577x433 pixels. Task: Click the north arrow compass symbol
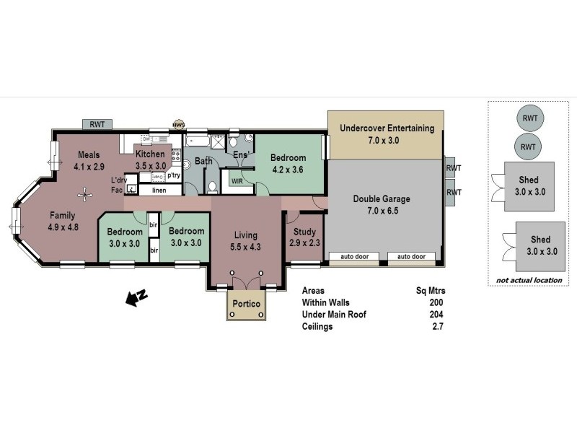pos(135,297)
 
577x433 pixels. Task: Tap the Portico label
pos(245,305)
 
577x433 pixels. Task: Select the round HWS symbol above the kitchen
pos(178,125)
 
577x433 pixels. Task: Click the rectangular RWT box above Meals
pos(97,124)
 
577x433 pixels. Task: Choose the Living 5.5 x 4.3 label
pos(245,240)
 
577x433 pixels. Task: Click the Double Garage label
pos(382,205)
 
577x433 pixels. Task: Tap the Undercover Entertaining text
pos(387,134)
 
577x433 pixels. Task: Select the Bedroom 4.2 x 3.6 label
pos(288,164)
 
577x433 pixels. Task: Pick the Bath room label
pos(203,161)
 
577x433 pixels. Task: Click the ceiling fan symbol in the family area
pos(86,193)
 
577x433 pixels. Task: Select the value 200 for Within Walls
pos(436,303)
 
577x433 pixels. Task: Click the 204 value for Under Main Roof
pos(436,315)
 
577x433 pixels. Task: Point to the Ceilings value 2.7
pos(437,327)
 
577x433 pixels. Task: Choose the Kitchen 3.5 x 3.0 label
pos(151,159)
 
